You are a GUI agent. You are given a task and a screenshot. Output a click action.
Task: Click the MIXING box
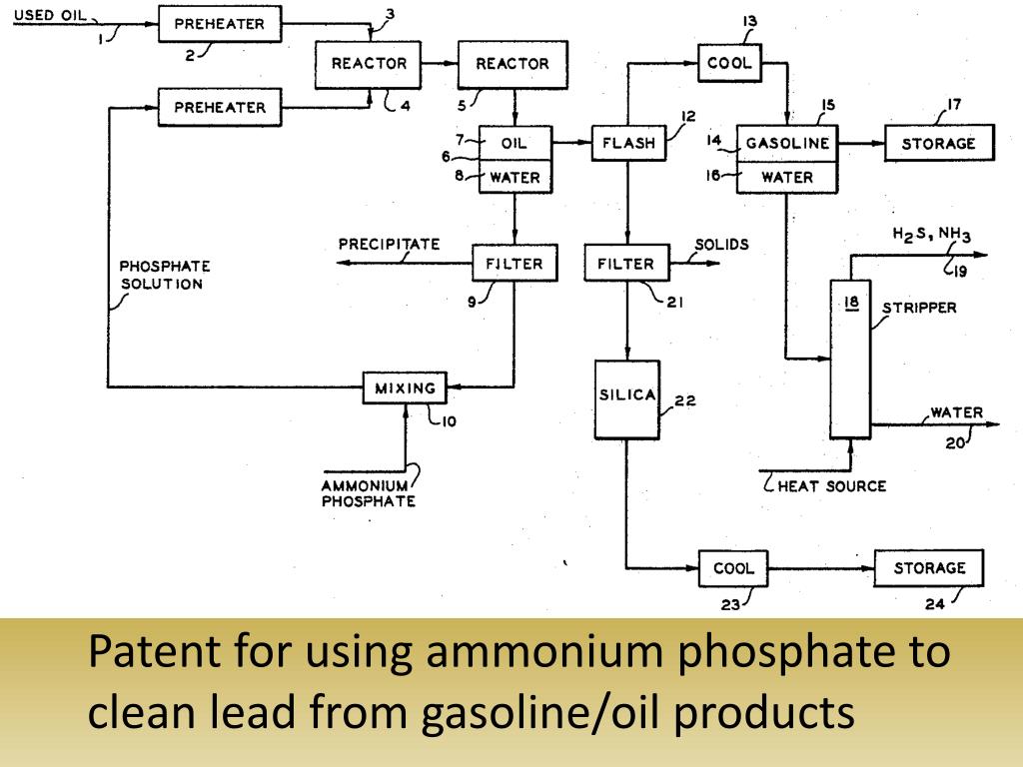click(405, 387)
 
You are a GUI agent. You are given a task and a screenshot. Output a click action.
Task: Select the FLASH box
click(628, 143)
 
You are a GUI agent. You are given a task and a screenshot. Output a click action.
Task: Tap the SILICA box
click(626, 396)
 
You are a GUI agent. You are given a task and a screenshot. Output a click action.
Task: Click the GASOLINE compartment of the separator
click(787, 143)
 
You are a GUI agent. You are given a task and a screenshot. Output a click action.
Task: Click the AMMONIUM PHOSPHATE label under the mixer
click(368, 493)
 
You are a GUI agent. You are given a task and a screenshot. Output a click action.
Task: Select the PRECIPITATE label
click(389, 244)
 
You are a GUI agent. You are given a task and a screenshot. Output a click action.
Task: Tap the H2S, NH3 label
click(931, 235)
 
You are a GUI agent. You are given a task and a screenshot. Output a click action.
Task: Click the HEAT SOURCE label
click(831, 486)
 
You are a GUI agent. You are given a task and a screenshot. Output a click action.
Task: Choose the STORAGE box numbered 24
click(929, 568)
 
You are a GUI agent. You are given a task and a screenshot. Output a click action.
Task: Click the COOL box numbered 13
click(729, 63)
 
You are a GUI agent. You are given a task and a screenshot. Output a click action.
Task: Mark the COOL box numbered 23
click(733, 568)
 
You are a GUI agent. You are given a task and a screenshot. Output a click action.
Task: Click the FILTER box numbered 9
click(513, 265)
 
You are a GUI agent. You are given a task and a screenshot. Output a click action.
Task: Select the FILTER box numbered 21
click(625, 265)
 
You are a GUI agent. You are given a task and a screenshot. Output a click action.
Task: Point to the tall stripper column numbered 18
click(850, 360)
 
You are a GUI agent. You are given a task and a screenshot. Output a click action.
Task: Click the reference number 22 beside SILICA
click(685, 401)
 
